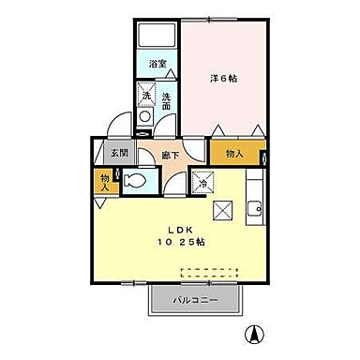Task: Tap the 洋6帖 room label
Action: coord(224,79)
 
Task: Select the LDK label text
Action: coord(180,229)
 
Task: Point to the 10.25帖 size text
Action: coord(180,242)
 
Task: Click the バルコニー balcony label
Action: coord(196,301)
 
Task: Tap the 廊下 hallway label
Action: coord(170,156)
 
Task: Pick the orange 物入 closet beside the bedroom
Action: coord(234,153)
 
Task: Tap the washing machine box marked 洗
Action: coord(146,94)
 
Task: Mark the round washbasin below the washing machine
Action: coord(145,117)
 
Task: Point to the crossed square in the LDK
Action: coord(223,211)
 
